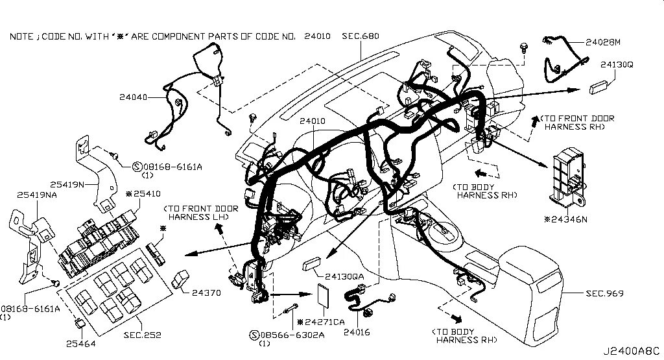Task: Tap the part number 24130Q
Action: pyautogui.click(x=617, y=65)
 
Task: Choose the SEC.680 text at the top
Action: pyautogui.click(x=361, y=36)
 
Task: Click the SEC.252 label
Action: pyautogui.click(x=142, y=335)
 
